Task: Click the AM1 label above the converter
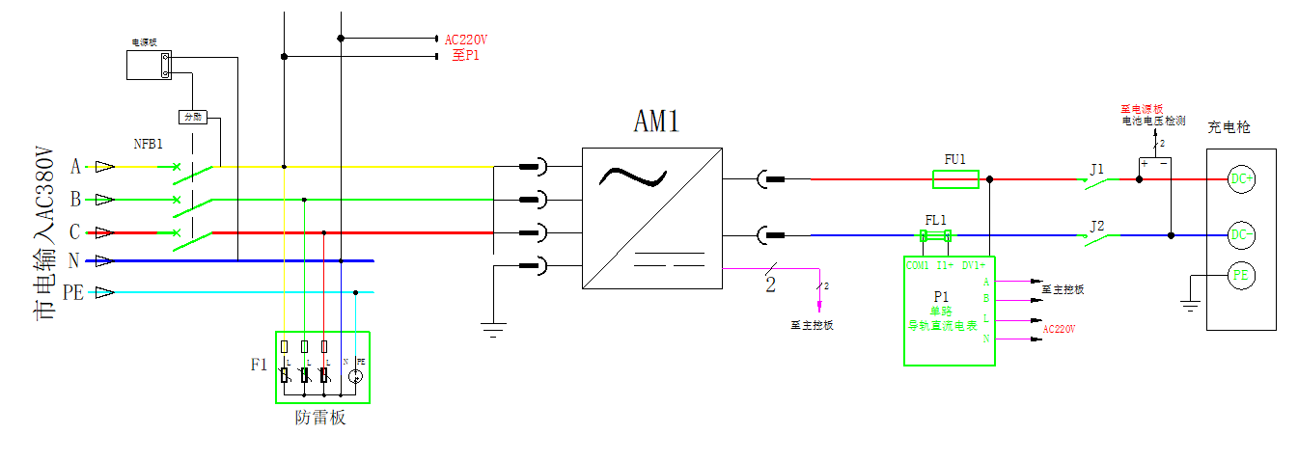click(x=656, y=121)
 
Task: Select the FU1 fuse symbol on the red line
click(x=955, y=178)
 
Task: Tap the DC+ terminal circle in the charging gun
click(x=1241, y=178)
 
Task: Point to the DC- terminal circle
click(x=1241, y=234)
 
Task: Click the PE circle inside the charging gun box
click(x=1241, y=276)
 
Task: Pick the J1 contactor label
click(x=1096, y=169)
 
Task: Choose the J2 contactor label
click(x=1096, y=226)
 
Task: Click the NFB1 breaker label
click(x=148, y=143)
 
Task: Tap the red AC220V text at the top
click(x=466, y=40)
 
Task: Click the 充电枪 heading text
click(x=1229, y=127)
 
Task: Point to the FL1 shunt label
click(x=936, y=220)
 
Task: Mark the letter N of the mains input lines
click(x=74, y=260)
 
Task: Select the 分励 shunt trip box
click(x=193, y=117)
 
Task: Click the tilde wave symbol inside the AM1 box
click(x=632, y=177)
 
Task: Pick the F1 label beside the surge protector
click(x=259, y=365)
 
